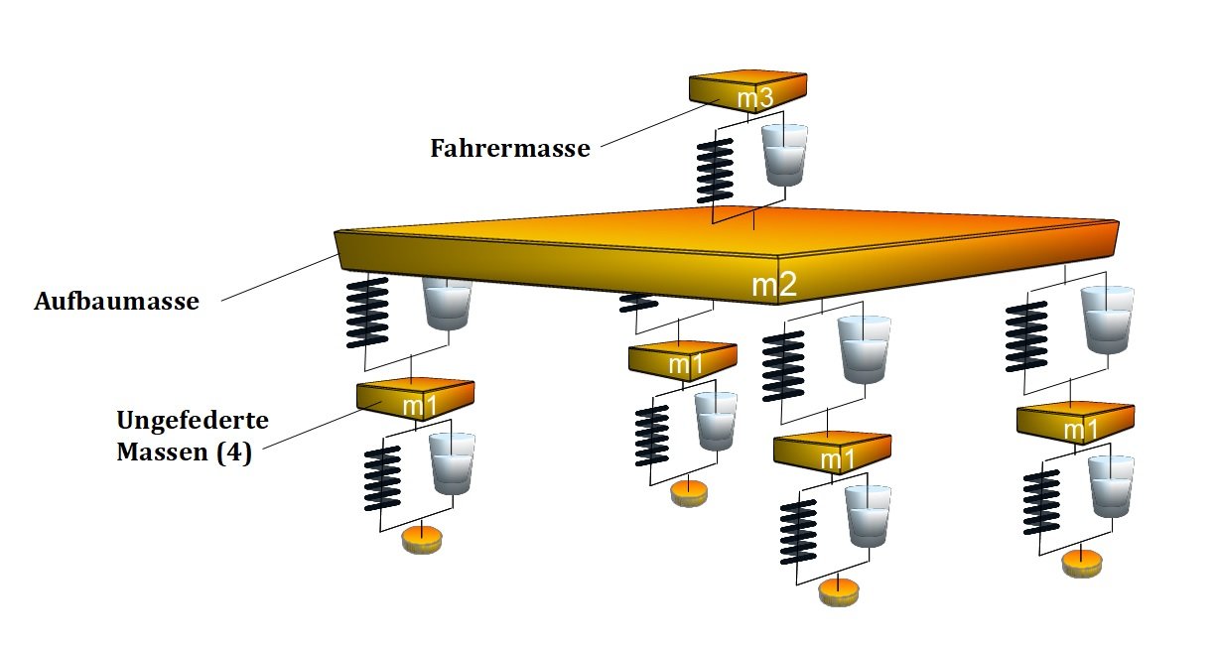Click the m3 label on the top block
tap(754, 98)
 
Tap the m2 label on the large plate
tap(774, 285)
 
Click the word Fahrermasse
tap(510, 148)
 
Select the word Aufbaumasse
tap(117, 302)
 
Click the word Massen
tap(163, 452)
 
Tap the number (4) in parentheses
tap(234, 452)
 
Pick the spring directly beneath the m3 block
tap(715, 171)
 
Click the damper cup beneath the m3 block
tap(784, 155)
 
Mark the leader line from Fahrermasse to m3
tap(660, 123)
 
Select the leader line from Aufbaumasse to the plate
tap(280, 278)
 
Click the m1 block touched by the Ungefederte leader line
tap(415, 400)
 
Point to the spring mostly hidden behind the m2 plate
tap(638, 303)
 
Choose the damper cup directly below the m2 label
tap(865, 349)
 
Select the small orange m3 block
tap(748, 91)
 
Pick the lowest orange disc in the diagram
tap(839, 592)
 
